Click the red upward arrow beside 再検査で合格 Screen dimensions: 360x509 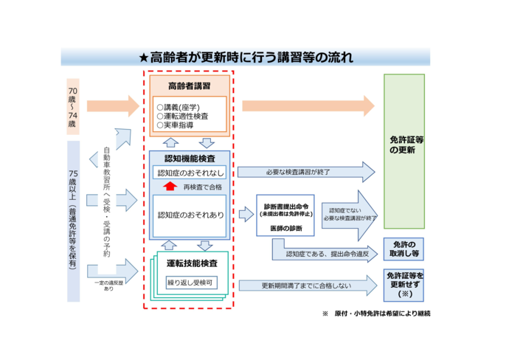point(167,187)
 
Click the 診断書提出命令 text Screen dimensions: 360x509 point(285,207)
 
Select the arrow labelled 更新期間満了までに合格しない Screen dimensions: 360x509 point(306,285)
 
